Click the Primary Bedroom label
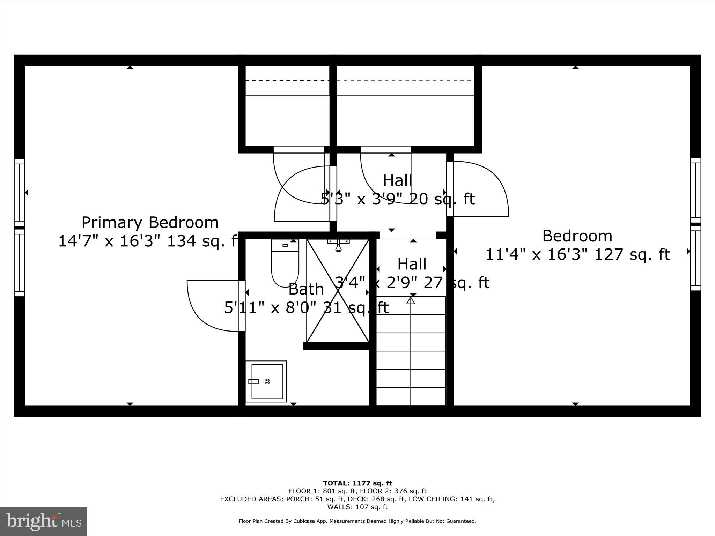[150, 222]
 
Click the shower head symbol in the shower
[338, 245]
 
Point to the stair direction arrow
[411, 300]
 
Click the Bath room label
[306, 289]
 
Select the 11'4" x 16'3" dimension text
[577, 254]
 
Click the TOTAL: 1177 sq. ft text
[357, 483]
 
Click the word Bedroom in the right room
[577, 236]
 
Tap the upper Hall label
[397, 181]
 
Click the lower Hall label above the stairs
[412, 264]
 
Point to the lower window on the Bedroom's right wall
[695, 258]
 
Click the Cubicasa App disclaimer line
[357, 521]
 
